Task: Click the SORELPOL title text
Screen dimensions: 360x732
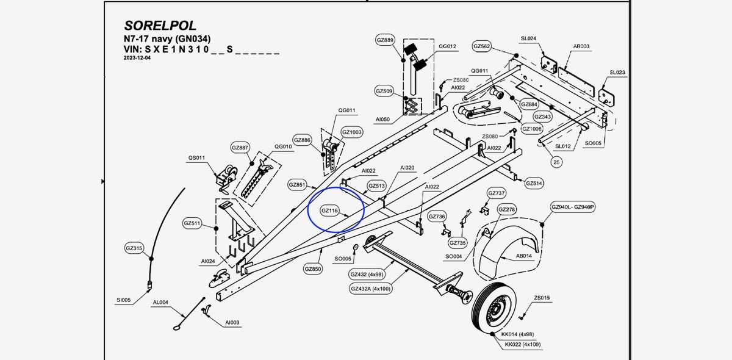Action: click(160, 26)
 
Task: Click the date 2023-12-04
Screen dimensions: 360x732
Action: click(137, 58)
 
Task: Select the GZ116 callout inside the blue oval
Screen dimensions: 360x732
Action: click(329, 211)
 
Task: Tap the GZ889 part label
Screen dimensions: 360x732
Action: click(385, 40)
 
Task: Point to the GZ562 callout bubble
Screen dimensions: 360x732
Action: click(482, 46)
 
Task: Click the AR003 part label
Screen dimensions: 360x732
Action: click(581, 46)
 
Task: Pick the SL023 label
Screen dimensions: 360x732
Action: click(617, 73)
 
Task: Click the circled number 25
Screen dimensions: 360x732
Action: click(556, 162)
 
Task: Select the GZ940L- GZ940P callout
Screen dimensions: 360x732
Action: click(573, 207)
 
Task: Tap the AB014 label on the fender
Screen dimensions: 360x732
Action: click(524, 256)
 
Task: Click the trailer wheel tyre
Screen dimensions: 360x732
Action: click(495, 309)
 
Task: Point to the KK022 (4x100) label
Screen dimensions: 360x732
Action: click(523, 345)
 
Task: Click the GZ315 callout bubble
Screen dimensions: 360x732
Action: click(134, 248)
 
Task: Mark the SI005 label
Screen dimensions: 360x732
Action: click(123, 300)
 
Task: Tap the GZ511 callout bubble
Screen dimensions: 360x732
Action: click(192, 223)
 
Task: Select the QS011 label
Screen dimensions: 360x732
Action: click(196, 158)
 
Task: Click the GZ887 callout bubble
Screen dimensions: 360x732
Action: click(240, 148)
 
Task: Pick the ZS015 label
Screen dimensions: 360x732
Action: click(542, 298)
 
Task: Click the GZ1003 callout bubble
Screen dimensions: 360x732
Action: click(352, 132)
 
